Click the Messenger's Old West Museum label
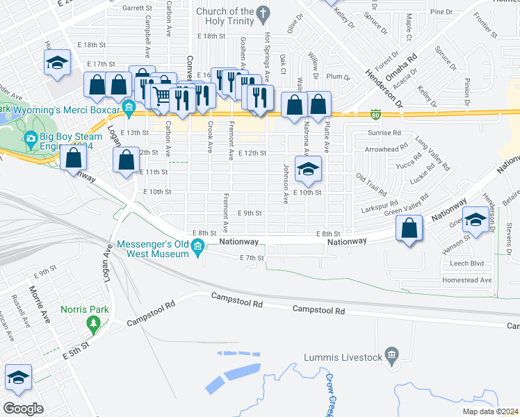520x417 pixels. (153, 249)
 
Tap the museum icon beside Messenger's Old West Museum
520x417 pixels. (198, 246)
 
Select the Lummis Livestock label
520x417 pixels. (343, 358)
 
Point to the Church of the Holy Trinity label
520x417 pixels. (225, 16)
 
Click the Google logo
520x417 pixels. (23, 408)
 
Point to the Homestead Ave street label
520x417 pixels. (466, 280)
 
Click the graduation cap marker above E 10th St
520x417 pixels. (308, 169)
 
